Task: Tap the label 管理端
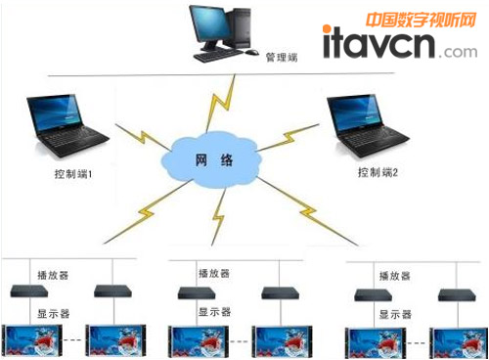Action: pyautogui.click(x=281, y=58)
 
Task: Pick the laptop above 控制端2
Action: pyautogui.click(x=367, y=121)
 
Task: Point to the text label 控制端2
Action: pyautogui.click(x=380, y=172)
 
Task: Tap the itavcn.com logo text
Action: pyautogui.click(x=394, y=44)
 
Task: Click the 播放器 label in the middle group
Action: pyautogui.click(x=215, y=274)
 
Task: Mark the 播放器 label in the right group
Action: pyautogui.click(x=394, y=275)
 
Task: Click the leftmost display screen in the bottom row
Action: pyautogui.click(x=33, y=339)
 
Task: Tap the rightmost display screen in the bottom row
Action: pyautogui.click(x=458, y=339)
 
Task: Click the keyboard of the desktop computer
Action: pyautogui.click(x=217, y=56)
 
